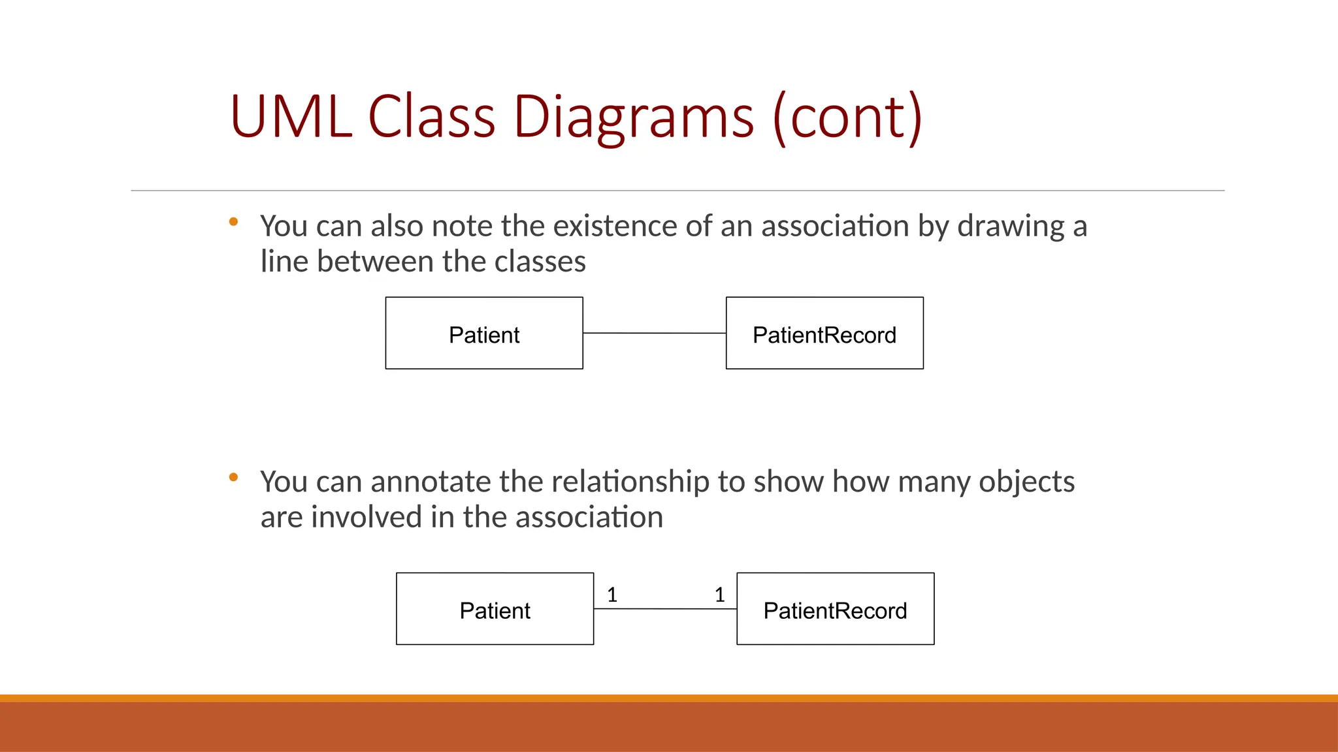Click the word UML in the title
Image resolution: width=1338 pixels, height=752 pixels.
click(x=291, y=117)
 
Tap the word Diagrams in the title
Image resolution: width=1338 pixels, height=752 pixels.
click(x=634, y=117)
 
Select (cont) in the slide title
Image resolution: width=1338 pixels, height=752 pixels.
click(x=847, y=117)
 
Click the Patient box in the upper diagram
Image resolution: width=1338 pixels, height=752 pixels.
click(x=484, y=334)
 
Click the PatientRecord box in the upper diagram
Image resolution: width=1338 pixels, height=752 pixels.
click(x=824, y=334)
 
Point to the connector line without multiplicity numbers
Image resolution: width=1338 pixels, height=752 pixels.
click(x=654, y=333)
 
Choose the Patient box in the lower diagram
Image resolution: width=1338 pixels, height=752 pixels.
click(x=495, y=609)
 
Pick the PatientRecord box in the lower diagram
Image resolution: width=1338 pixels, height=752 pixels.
click(x=835, y=609)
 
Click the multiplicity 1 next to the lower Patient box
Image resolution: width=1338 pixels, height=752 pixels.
click(x=612, y=595)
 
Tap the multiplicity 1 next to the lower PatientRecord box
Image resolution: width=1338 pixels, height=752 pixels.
click(x=719, y=595)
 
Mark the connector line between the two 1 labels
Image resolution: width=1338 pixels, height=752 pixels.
click(x=665, y=609)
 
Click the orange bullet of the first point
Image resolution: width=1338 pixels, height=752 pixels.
click(x=233, y=222)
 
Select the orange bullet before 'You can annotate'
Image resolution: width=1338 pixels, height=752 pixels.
click(x=233, y=477)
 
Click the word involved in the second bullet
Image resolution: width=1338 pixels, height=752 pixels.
click(x=367, y=518)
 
